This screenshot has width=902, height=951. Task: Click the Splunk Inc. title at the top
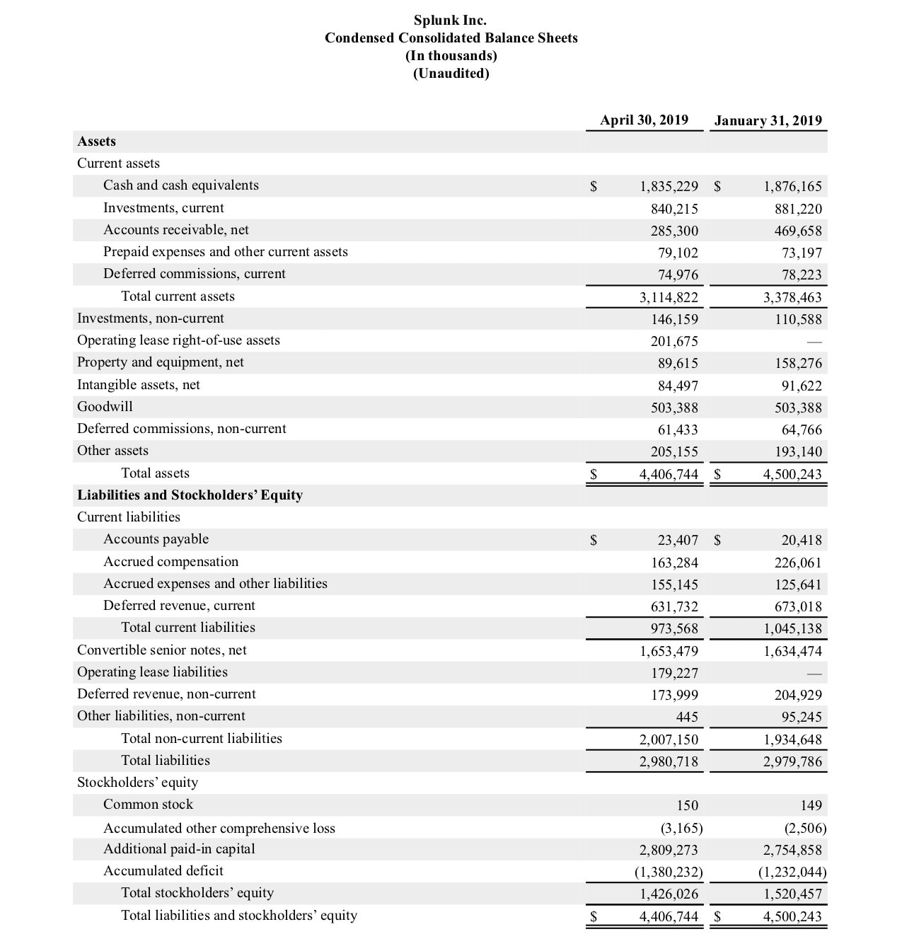(450, 20)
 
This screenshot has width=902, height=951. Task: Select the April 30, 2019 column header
(644, 120)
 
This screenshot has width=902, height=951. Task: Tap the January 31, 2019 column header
(768, 120)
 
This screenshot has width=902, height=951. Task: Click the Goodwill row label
(105, 407)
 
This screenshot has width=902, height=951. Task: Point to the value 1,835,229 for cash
(669, 187)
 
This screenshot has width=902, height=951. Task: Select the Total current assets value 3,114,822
(669, 297)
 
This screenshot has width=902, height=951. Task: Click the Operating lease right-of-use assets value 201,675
(674, 341)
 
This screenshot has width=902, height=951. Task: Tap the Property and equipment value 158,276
(798, 364)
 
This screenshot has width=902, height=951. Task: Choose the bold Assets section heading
(96, 142)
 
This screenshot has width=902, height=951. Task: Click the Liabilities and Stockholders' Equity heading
(190, 495)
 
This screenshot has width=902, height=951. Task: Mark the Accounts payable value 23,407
(677, 541)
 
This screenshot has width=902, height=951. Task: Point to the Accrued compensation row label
(170, 562)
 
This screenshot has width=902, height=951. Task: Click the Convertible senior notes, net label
(161, 650)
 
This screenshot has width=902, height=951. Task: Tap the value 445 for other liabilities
(686, 717)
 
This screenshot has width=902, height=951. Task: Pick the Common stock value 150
(686, 806)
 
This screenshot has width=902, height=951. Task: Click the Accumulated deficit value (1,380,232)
(668, 872)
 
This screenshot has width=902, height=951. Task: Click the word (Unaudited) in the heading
(451, 74)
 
